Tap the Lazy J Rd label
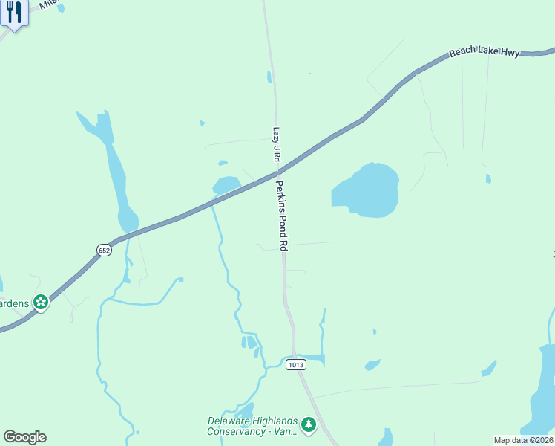276,144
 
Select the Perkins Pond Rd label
281,215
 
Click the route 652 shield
104,251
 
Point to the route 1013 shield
296,364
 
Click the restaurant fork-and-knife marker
13,14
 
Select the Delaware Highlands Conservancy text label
252,426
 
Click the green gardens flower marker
41,302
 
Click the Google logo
24,437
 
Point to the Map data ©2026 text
523,440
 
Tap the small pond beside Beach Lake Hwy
226,184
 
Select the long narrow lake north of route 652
114,171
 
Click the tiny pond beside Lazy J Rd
269,77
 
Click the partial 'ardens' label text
14,303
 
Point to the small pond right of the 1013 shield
372,364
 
